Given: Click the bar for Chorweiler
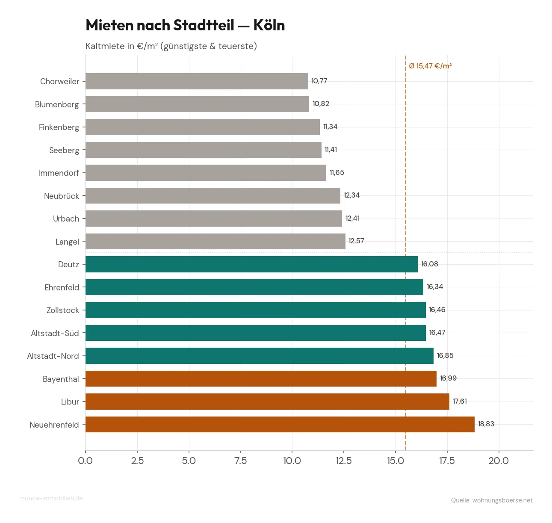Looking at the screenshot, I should coord(197,81).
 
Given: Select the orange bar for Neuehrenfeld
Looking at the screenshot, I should coord(280,424).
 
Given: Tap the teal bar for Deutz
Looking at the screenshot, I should coord(251,264).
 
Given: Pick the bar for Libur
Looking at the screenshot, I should coord(267,402).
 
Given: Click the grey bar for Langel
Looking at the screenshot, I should coord(215,241).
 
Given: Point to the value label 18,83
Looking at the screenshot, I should coord(486,424).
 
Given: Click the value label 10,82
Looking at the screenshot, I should coord(321,104).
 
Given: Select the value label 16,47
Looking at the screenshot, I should coord(437,333).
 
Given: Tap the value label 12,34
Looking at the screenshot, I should coord(351,195).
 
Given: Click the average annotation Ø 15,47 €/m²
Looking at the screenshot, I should coord(430,66).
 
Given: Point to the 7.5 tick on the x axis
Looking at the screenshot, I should coord(241,461).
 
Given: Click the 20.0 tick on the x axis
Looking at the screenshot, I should coord(499,461).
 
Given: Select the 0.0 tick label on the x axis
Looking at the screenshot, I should coord(86,461).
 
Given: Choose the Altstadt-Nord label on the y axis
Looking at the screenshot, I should coord(53,356).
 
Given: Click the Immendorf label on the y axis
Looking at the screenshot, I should coord(59,173).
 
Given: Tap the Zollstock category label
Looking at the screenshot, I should coord(63,310).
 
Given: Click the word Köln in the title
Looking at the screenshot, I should coord(269,25).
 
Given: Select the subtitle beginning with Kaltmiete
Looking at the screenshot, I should coord(171,46).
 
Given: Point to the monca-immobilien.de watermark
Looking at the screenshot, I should coord(51,498).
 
